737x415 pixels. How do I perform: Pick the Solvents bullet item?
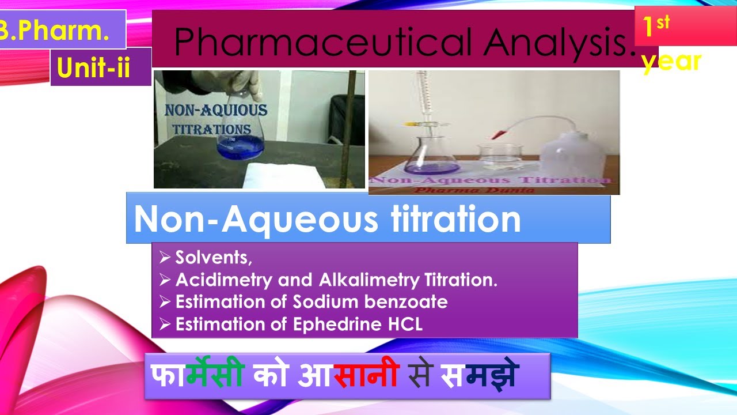214,258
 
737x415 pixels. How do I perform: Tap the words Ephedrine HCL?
358,324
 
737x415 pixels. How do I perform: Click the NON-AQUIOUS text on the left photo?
216,111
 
